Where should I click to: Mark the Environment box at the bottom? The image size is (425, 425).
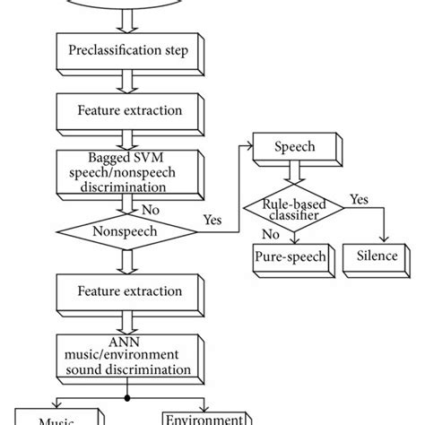pyautogui.click(x=205, y=417)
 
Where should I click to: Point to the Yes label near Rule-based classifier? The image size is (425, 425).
pyautogui.click(x=359, y=199)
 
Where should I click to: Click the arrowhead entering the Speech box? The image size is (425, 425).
pyautogui.click(x=250, y=145)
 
